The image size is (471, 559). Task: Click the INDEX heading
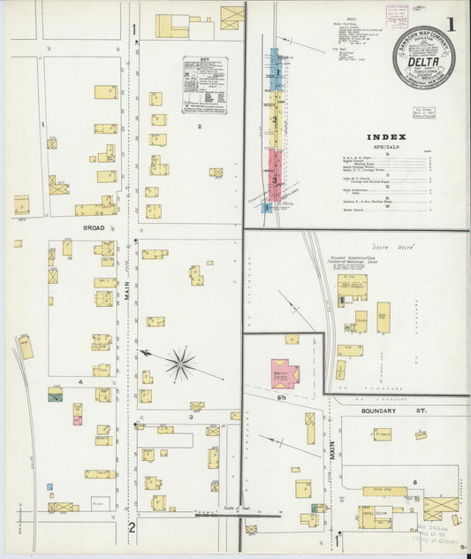click(386, 137)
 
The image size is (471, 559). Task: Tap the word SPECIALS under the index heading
click(386, 147)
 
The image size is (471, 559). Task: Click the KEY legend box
click(204, 85)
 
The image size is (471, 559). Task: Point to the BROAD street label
click(94, 227)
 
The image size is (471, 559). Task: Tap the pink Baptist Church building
click(285, 373)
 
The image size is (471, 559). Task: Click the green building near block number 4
click(55, 395)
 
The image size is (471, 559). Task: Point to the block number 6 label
click(414, 482)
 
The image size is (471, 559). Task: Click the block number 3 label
click(190, 416)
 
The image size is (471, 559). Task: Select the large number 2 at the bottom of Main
click(132, 528)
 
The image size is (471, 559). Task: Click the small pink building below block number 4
click(78, 419)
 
